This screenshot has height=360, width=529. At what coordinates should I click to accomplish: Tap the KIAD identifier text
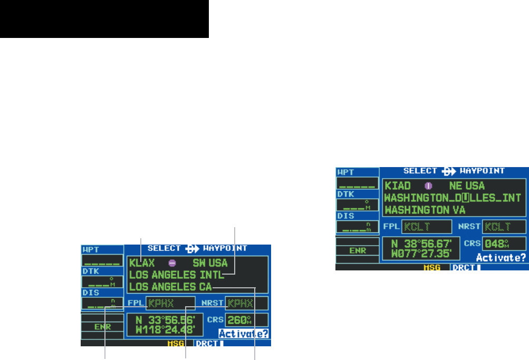pos(398,186)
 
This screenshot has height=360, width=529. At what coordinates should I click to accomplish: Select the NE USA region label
pos(466,186)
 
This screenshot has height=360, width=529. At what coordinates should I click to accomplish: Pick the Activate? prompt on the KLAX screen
pos(244,334)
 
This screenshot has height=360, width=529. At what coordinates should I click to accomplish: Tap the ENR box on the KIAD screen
pos(358,250)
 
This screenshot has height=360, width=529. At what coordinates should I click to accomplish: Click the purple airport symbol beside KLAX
pos(172,262)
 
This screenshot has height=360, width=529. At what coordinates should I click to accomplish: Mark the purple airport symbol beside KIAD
pos(429,186)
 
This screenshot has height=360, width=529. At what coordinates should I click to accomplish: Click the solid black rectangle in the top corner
pos(104,19)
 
